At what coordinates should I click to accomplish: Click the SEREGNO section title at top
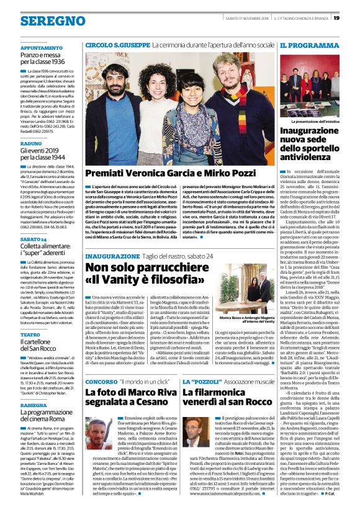click(x=44, y=20)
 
